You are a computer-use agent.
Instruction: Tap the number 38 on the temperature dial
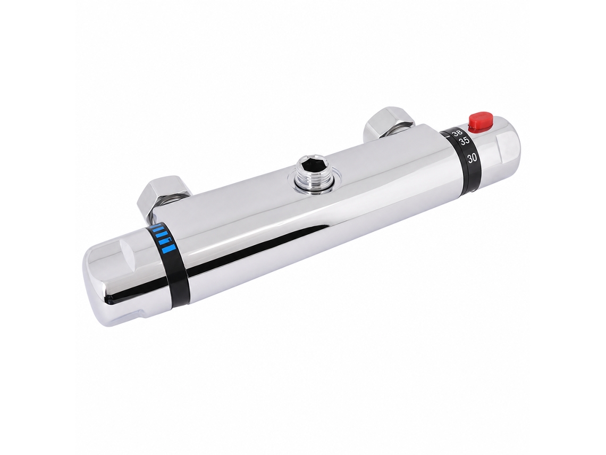[x=457, y=134]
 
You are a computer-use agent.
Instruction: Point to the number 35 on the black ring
[x=464, y=142]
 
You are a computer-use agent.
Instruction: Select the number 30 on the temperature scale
[x=472, y=158]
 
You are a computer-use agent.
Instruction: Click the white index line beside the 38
[x=448, y=135]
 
